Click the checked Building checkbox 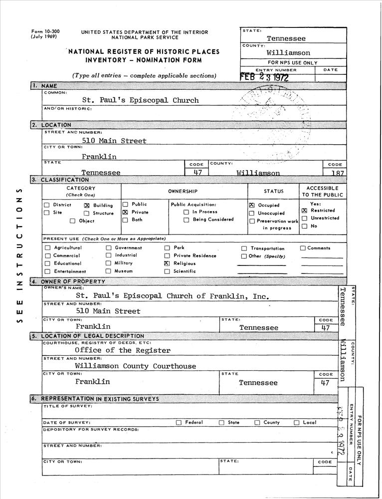point(87,205)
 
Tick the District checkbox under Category point(47,205)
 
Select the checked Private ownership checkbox point(126,212)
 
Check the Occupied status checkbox point(252,205)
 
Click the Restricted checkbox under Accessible point(304,211)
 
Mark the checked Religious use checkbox point(167,263)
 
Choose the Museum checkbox point(108,271)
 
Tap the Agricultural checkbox point(47,248)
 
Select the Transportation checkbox point(244,249)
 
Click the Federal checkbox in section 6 point(179,423)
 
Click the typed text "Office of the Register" point(123,350)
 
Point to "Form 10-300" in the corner point(45,31)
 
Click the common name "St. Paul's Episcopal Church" point(140,100)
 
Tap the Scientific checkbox point(167,271)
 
